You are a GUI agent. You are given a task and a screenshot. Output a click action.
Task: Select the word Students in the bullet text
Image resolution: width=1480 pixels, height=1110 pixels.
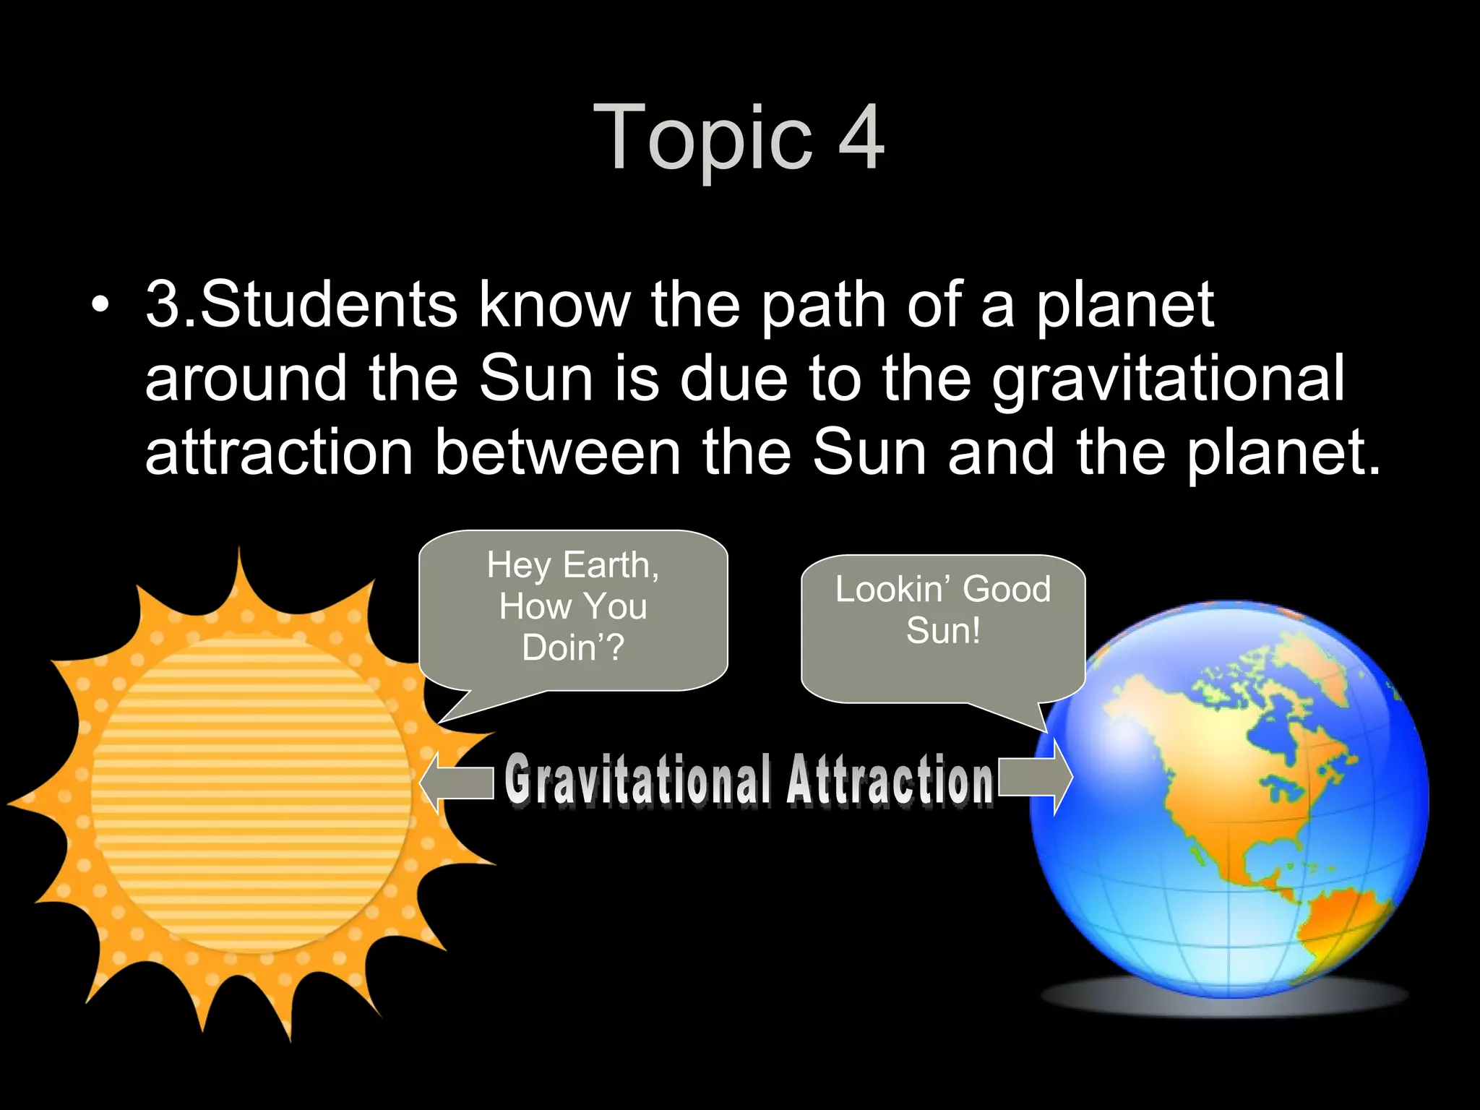click(x=328, y=305)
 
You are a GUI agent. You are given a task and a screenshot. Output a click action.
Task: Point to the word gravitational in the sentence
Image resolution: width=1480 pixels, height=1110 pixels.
click(x=1167, y=379)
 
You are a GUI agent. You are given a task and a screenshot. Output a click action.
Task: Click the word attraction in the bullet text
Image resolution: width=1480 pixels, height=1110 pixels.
click(x=279, y=453)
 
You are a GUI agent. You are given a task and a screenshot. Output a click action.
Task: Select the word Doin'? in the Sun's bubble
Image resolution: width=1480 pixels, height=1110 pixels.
click(x=573, y=647)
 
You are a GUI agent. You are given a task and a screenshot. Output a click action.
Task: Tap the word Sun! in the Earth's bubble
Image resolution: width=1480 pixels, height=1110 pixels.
click(x=944, y=630)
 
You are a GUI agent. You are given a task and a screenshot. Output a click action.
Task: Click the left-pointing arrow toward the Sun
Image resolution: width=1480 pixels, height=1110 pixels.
click(x=455, y=783)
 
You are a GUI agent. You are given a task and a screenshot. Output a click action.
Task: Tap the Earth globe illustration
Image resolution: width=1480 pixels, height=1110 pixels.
click(x=1229, y=795)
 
